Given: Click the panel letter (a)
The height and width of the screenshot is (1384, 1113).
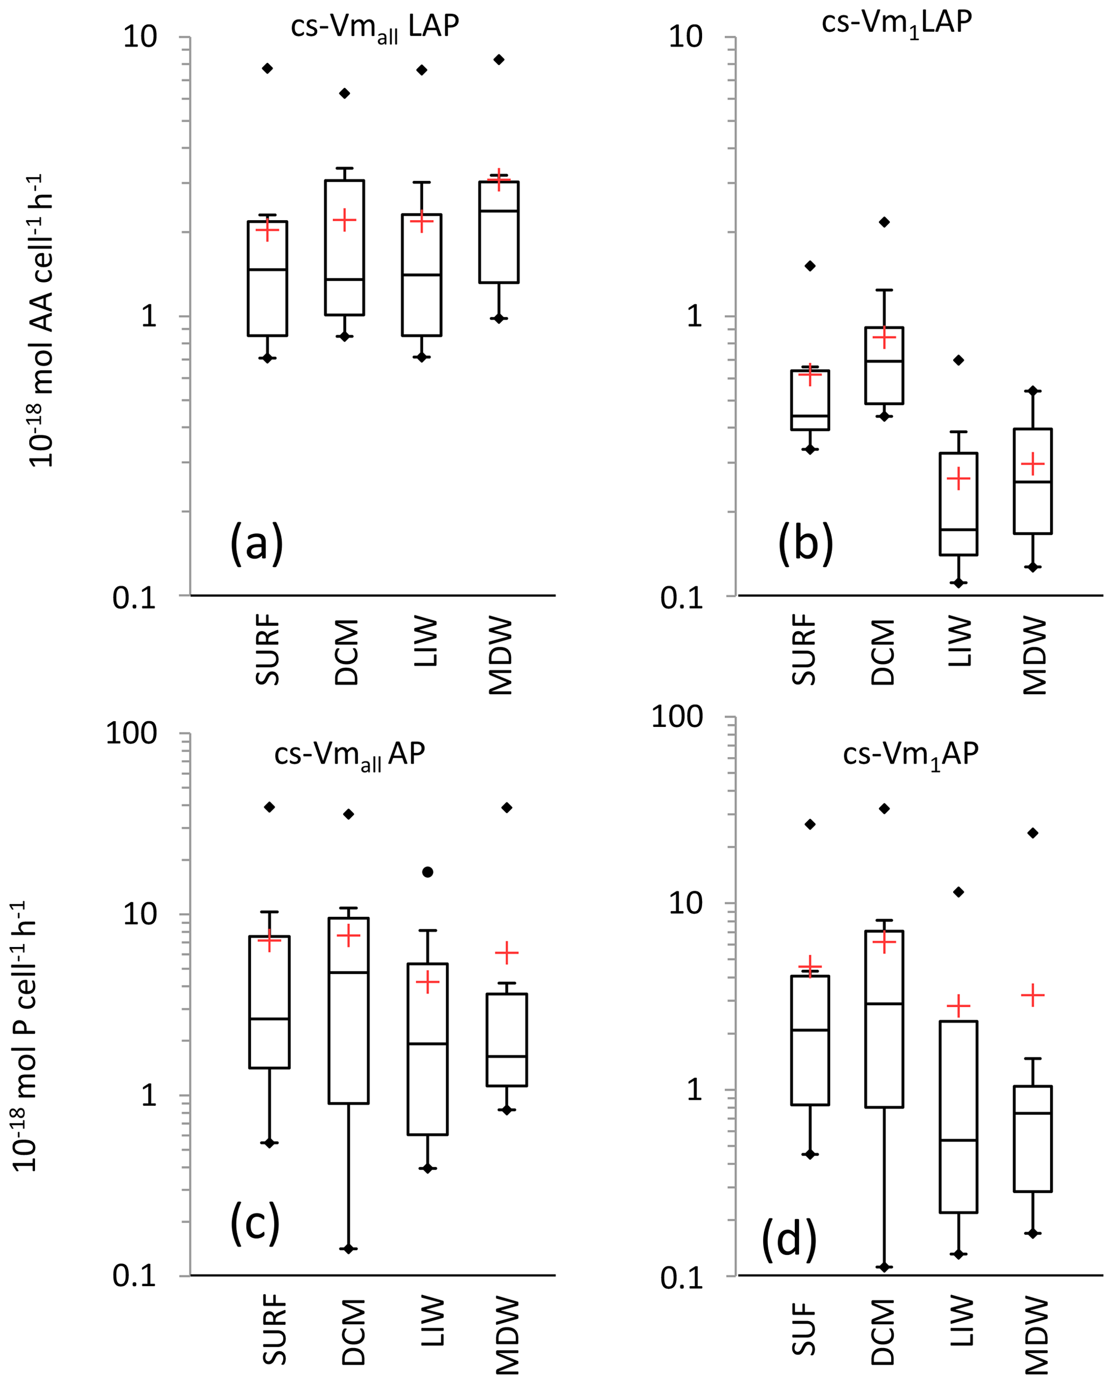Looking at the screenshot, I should (256, 543).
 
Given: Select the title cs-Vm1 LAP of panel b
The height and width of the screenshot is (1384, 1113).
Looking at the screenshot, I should (897, 23).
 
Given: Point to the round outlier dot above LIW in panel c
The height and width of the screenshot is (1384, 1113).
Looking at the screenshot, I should (428, 872).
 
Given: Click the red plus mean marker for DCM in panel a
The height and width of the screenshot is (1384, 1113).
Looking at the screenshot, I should (344, 220).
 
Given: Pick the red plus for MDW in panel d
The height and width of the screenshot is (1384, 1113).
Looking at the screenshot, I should (1033, 995).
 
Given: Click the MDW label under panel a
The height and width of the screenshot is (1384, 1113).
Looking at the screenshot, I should (501, 655).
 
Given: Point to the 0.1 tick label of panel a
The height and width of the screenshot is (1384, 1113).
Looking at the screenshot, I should (135, 598).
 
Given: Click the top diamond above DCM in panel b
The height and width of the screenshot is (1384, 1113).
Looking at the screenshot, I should (884, 222).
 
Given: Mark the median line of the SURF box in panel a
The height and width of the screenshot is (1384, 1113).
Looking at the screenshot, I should (268, 270).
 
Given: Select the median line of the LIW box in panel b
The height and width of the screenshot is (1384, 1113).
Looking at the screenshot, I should (958, 529).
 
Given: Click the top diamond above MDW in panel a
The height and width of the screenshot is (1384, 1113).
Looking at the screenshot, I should (499, 60).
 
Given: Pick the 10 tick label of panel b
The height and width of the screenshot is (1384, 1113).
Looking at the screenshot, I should (686, 37).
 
